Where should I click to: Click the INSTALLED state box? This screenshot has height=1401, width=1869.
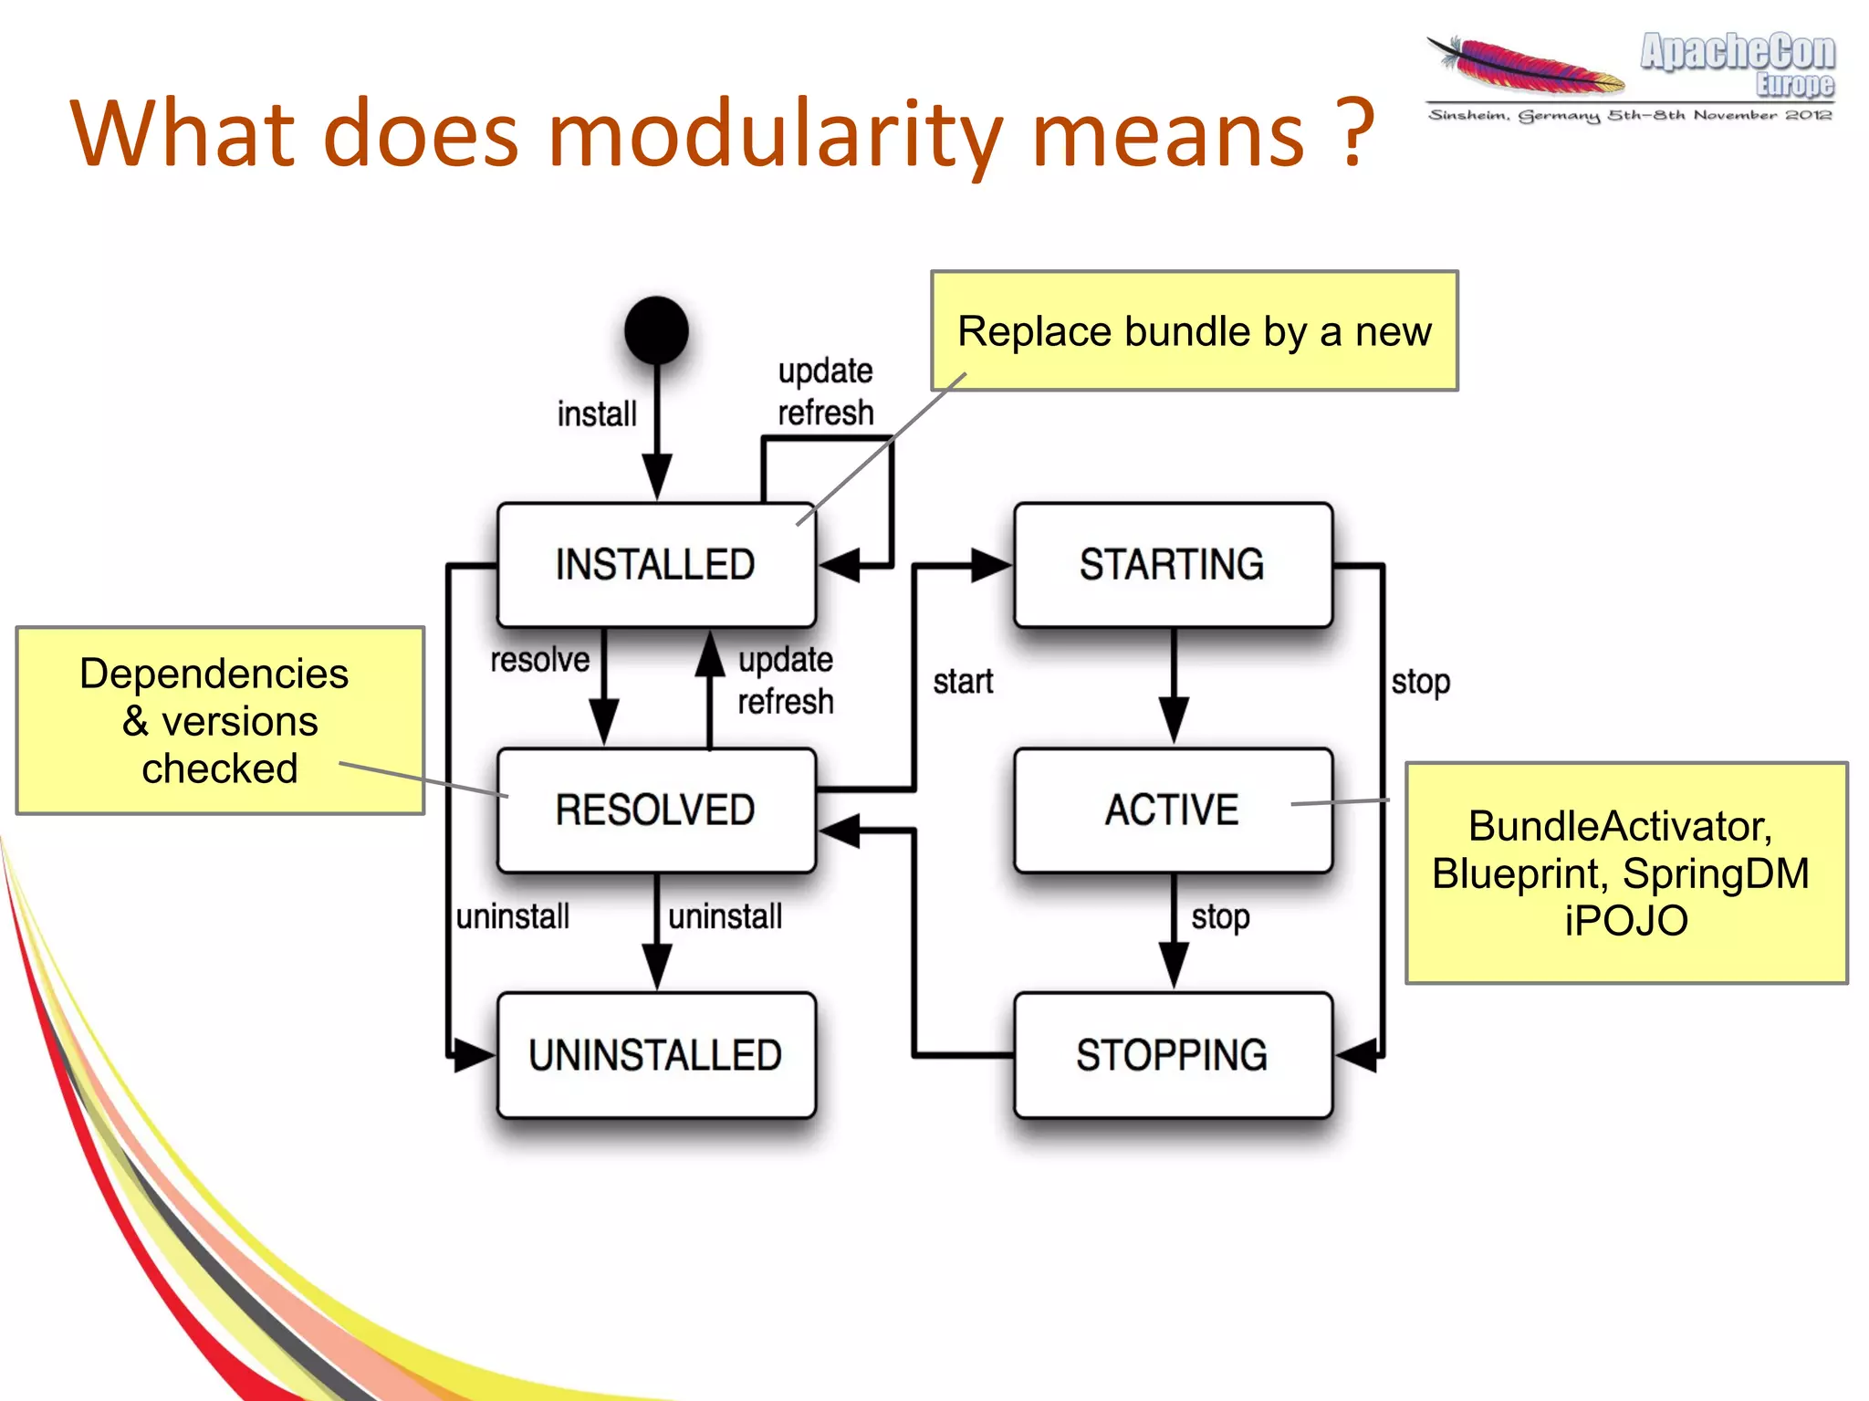coord(655,564)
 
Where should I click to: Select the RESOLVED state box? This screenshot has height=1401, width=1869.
coord(655,810)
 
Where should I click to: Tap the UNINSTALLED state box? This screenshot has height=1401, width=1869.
coord(655,1055)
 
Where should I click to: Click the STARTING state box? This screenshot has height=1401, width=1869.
coord(1173,564)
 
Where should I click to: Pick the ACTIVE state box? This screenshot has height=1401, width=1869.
coord(1173,810)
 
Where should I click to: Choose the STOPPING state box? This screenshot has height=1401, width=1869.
coord(1173,1055)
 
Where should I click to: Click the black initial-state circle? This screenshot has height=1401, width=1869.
coord(656,330)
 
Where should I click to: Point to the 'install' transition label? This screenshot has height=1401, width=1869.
coord(597,413)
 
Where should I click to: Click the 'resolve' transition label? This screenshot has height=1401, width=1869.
coord(539,659)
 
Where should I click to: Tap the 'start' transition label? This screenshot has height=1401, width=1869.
coord(963,682)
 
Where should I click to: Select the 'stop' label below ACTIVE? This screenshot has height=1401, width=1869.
coord(1220,916)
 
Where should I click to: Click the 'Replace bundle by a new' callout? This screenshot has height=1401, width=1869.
coord(1194,331)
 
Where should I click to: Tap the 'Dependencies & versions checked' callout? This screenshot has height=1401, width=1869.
coord(220,720)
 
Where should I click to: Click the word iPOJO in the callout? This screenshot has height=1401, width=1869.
coord(1625,921)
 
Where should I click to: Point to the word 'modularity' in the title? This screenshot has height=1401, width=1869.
coord(775,135)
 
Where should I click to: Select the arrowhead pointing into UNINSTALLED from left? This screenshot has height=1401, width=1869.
coord(474,1055)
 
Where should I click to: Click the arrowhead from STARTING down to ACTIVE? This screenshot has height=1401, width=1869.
coord(1174,718)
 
